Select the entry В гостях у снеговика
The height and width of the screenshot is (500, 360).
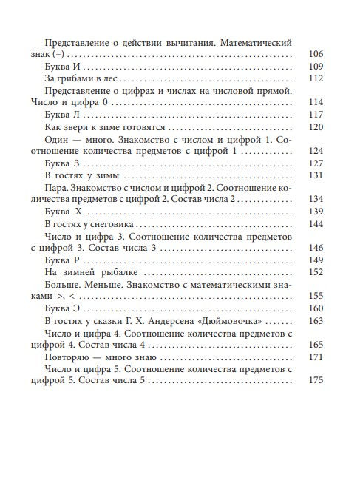[91, 223]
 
